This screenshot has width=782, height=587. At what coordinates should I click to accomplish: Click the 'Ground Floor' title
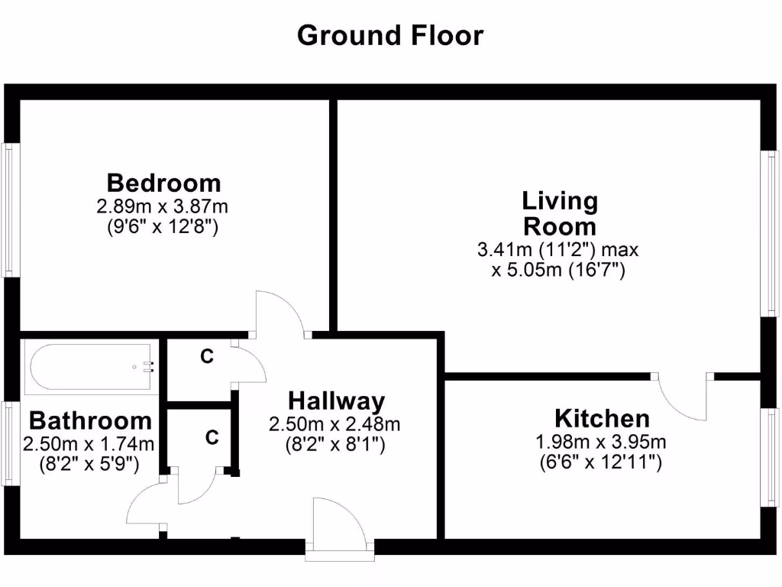(x=390, y=35)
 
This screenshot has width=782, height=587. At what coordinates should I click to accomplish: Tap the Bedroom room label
(x=163, y=183)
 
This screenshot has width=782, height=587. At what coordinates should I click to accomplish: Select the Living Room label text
(x=559, y=214)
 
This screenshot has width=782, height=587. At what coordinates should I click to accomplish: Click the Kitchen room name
(x=602, y=419)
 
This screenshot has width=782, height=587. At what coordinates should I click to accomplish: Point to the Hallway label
(x=336, y=401)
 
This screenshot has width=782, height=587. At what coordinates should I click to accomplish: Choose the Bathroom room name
(x=90, y=421)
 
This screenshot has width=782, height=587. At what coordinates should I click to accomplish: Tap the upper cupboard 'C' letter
(x=206, y=356)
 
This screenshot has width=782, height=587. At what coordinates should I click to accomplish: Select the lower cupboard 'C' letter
(x=212, y=438)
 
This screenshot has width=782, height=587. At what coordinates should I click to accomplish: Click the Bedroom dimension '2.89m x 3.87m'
(x=163, y=206)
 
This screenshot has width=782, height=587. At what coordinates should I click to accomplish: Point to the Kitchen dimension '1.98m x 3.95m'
(x=602, y=442)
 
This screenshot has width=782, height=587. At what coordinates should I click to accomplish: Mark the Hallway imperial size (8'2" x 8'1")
(x=335, y=444)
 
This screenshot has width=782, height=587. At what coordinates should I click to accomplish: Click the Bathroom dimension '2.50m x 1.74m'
(x=89, y=444)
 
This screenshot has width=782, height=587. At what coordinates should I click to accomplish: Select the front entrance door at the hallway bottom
(x=343, y=527)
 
